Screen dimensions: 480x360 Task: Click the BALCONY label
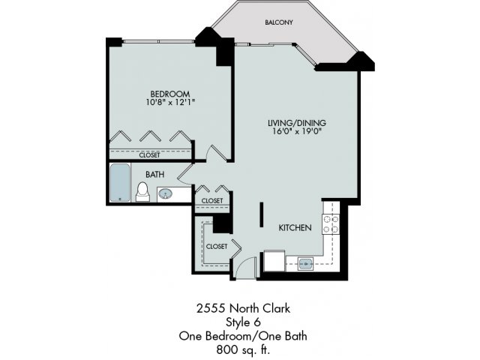click(279, 22)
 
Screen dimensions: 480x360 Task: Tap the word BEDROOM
click(170, 94)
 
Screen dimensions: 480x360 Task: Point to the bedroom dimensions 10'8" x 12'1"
click(170, 102)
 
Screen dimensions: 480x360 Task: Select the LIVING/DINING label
click(297, 123)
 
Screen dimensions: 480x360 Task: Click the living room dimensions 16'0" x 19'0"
click(297, 132)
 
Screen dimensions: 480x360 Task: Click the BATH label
click(155, 175)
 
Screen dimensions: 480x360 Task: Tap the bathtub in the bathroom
click(120, 183)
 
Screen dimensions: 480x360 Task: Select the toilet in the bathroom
click(142, 192)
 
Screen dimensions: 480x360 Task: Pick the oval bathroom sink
click(165, 193)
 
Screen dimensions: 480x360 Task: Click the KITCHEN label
click(295, 228)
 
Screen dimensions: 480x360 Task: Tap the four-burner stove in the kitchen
click(331, 224)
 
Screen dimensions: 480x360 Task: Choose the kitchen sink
click(305, 263)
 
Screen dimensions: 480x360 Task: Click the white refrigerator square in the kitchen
click(274, 261)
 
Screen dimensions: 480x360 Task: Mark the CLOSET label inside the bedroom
click(150, 155)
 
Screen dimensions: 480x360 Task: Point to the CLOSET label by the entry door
click(217, 247)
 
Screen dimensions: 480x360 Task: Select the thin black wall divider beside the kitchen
click(262, 214)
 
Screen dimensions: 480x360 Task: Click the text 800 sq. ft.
click(243, 349)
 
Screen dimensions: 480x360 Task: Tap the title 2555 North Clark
click(243, 308)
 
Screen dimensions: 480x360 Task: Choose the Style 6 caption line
click(243, 322)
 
